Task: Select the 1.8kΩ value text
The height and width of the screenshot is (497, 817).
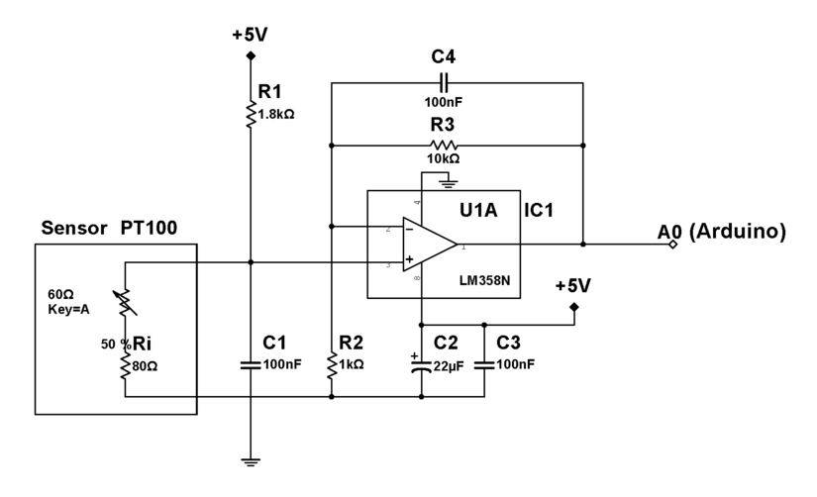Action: pos(276,113)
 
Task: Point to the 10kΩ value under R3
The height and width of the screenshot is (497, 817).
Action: pos(443,158)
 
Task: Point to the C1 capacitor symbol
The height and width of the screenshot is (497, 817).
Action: pos(251,364)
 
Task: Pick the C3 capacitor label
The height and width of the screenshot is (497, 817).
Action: pos(508,343)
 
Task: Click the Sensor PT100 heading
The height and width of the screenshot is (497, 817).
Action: pos(109,228)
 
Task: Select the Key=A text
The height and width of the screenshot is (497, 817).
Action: pos(67,309)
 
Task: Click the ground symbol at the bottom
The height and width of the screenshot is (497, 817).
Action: pos(251,460)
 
